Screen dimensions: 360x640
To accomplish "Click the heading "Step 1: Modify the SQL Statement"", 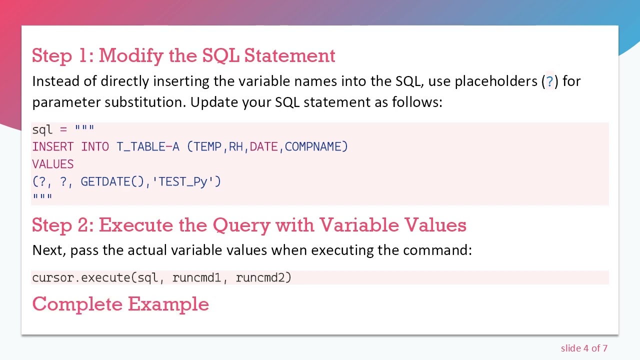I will tap(183, 55).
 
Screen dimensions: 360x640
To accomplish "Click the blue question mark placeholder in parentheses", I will tap(549, 81).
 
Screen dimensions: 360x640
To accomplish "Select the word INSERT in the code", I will tap(52, 146).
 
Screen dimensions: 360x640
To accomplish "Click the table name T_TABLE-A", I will tap(147, 146).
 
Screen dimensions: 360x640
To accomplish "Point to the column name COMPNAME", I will tap(315, 146).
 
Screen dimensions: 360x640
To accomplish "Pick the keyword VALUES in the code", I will tap(52, 164).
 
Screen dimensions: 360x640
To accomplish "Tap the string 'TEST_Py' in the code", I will tap(186, 181).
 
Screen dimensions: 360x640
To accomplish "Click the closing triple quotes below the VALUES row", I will tap(42, 197).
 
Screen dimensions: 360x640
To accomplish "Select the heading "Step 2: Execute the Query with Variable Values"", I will tap(249, 225).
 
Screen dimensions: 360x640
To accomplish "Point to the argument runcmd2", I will tap(263, 277).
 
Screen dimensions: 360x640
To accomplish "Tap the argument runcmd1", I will tap(196, 277).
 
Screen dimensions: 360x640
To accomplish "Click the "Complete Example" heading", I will tap(120, 304).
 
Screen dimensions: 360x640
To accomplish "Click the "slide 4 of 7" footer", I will tap(584, 348).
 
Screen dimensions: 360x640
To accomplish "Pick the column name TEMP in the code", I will tap(207, 146).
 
